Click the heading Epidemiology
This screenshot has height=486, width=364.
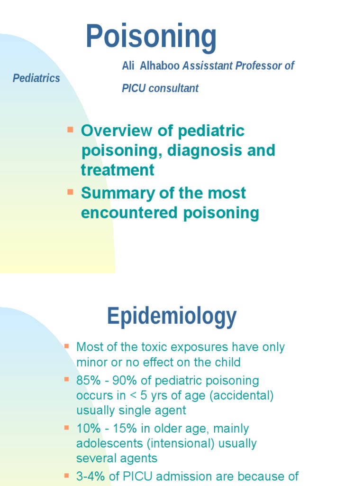(x=172, y=316)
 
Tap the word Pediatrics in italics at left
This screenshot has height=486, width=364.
(x=36, y=78)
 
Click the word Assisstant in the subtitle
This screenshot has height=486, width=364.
(x=207, y=66)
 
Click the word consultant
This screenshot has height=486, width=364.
(x=173, y=88)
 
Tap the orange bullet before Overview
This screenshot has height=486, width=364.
(x=71, y=130)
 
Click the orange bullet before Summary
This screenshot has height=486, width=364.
(x=71, y=192)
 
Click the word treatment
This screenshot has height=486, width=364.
(x=118, y=170)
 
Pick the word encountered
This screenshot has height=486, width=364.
(x=129, y=213)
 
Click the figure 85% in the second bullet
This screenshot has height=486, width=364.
(x=87, y=381)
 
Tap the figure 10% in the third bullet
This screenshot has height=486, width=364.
(x=87, y=429)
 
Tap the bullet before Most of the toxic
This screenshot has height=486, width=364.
(x=66, y=346)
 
